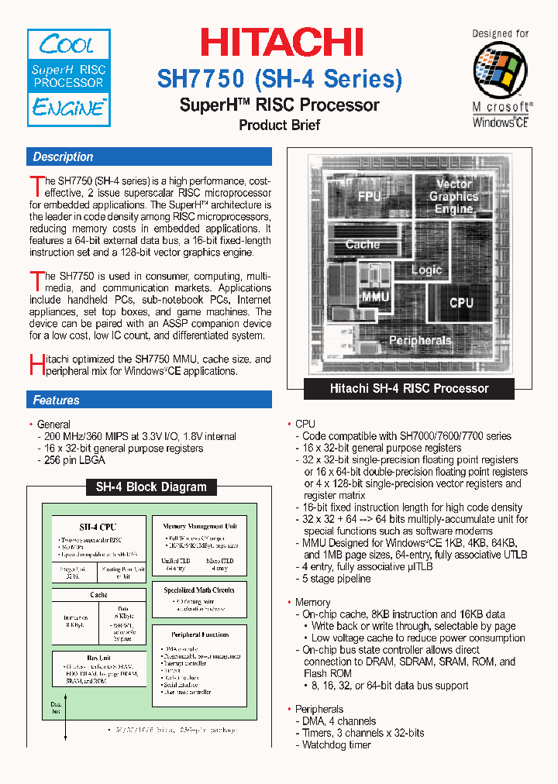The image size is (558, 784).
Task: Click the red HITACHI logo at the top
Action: (x=282, y=43)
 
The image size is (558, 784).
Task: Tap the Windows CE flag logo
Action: (x=501, y=68)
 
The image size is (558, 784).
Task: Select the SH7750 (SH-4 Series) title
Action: (x=280, y=79)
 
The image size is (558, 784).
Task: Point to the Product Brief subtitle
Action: (x=279, y=125)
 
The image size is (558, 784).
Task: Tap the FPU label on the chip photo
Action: (x=369, y=197)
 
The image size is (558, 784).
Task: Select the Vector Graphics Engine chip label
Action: (x=454, y=196)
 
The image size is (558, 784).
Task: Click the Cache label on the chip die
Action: (x=362, y=244)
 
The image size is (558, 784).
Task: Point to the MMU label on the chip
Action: (x=375, y=297)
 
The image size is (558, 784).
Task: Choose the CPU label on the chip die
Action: (x=461, y=302)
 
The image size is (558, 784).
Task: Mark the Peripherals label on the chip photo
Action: (x=419, y=340)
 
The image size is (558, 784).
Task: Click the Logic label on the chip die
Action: (x=425, y=270)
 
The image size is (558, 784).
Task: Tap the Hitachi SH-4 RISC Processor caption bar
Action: (x=409, y=388)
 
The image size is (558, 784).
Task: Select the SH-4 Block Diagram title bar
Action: (x=150, y=487)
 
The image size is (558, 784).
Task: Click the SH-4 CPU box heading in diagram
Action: (x=98, y=527)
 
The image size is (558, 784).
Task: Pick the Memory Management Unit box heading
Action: (x=199, y=526)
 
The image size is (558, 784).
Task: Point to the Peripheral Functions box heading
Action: (x=199, y=634)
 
